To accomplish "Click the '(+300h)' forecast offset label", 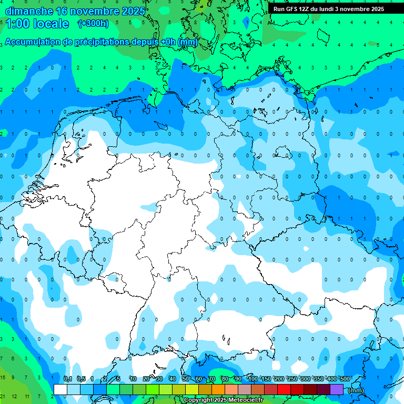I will (93, 23).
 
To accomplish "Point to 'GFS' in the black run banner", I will (293, 9).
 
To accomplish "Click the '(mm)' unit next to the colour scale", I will (356, 390).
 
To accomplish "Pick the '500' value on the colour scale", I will (345, 379).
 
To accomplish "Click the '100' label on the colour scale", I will (252, 379).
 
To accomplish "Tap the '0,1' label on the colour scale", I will (68, 379).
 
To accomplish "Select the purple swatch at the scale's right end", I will (337, 389).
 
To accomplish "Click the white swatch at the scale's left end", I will (60, 389).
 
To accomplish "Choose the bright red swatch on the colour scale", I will (284, 389).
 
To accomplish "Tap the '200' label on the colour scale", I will (279, 379).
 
